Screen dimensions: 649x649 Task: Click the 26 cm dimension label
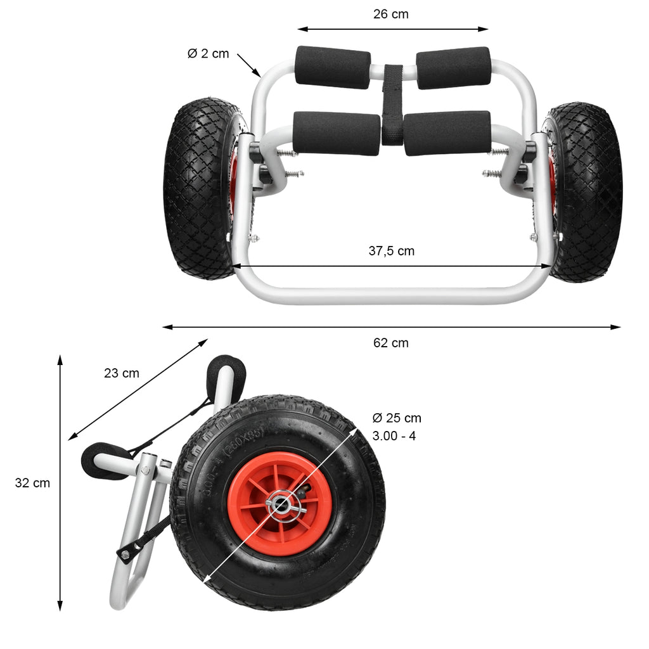[390, 14]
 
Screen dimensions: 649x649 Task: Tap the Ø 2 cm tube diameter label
[208, 53]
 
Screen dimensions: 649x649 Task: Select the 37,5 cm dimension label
[392, 251]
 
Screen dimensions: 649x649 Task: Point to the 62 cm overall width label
[390, 343]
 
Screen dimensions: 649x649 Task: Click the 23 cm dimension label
[121, 373]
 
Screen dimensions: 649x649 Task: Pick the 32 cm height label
[32, 482]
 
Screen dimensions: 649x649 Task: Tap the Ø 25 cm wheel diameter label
[397, 418]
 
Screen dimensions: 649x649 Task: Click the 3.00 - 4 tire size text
[394, 436]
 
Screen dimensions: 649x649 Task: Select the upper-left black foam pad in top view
[332, 67]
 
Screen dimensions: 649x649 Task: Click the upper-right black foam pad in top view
[453, 68]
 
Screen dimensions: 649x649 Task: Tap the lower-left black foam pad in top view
[337, 133]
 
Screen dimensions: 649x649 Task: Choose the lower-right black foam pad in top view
[447, 133]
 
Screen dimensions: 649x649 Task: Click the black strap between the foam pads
[392, 105]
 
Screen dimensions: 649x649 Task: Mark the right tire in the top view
[584, 193]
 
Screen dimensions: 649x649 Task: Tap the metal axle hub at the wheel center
[281, 504]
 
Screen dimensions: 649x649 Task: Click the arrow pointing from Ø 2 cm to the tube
[248, 65]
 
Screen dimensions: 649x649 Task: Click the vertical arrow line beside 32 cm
[60, 482]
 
